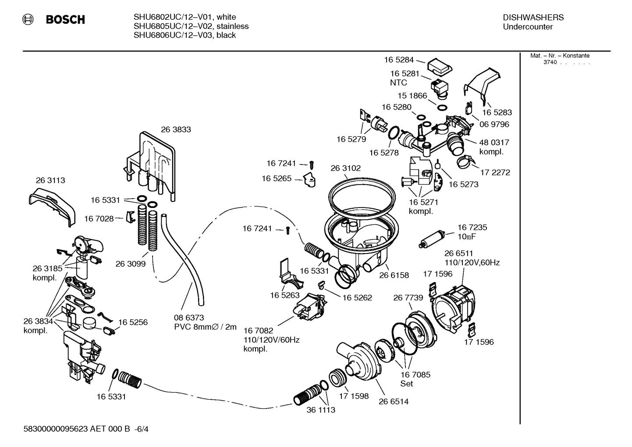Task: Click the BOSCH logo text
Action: (x=65, y=20)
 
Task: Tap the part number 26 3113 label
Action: (x=50, y=180)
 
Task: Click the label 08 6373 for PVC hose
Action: (x=189, y=318)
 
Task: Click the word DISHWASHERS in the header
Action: (x=533, y=18)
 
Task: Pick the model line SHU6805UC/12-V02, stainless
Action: (x=191, y=26)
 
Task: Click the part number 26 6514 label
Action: (x=394, y=401)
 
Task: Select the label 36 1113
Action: (x=321, y=410)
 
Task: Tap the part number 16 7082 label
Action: (x=259, y=330)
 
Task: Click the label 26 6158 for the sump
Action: (x=394, y=275)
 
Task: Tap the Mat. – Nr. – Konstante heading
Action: (x=560, y=56)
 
